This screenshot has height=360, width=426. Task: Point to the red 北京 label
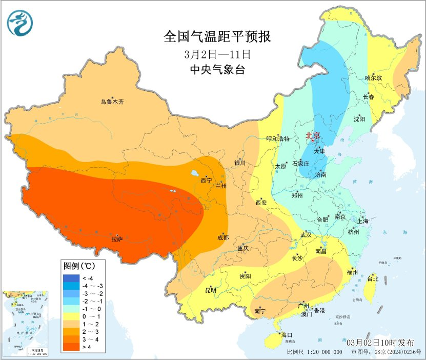tap(313, 136)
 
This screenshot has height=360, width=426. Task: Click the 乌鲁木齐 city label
tap(112, 102)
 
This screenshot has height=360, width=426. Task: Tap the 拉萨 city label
tap(117, 239)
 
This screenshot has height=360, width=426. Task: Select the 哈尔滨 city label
tap(374, 78)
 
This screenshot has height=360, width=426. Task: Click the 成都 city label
tap(222, 237)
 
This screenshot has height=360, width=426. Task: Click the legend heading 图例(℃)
tap(78, 266)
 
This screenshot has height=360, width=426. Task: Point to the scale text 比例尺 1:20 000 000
tap(314, 352)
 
